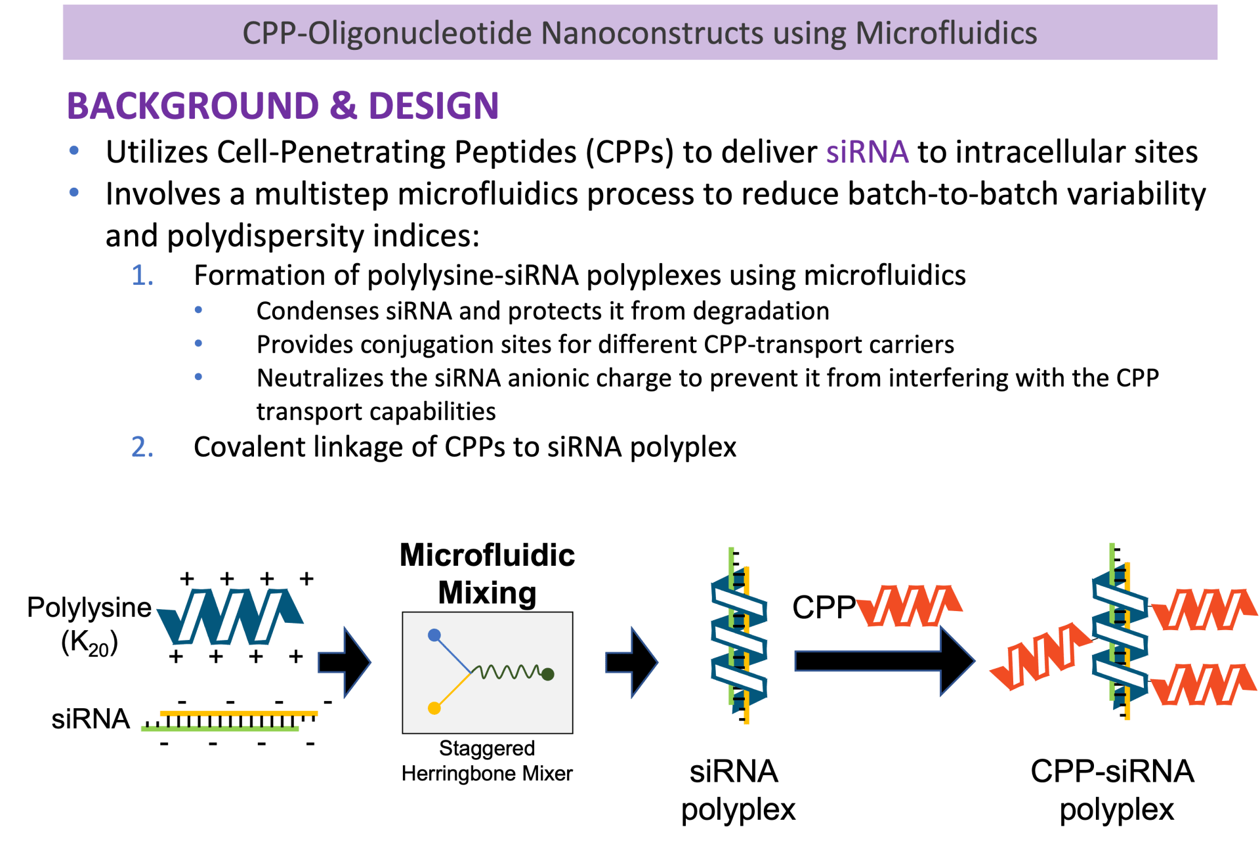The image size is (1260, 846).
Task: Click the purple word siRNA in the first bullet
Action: (x=867, y=152)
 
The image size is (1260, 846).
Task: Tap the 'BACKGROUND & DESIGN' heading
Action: (x=283, y=106)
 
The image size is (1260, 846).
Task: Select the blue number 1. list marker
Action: (x=142, y=276)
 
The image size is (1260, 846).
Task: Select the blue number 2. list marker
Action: (x=142, y=448)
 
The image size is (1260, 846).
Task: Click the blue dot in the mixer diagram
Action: (x=434, y=635)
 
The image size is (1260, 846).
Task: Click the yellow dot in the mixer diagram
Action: (x=434, y=708)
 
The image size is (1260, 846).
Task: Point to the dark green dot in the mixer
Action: (x=548, y=674)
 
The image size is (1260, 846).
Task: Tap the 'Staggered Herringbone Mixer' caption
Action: (x=487, y=761)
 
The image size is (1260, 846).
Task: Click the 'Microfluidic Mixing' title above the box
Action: (x=487, y=574)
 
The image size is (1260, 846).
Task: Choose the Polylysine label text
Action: (x=89, y=608)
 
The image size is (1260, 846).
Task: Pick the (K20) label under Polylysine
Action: (x=89, y=643)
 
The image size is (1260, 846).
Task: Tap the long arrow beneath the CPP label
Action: (x=883, y=661)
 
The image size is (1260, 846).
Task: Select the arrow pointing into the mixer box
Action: (x=345, y=662)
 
